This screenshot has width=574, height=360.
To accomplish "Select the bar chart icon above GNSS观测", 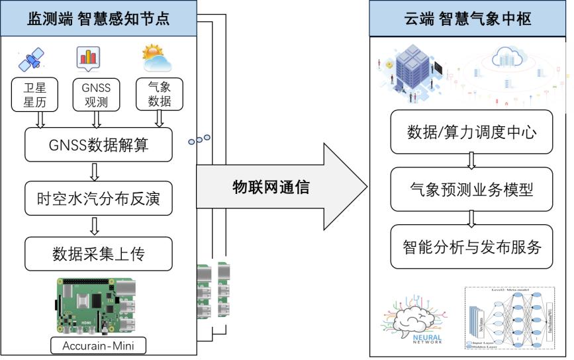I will (x=89, y=59).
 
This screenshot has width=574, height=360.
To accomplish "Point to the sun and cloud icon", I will (x=157, y=59).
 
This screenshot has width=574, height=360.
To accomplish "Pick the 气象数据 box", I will (x=157, y=94).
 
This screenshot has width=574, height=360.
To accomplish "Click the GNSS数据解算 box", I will (x=98, y=144).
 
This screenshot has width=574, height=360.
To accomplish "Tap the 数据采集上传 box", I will (x=97, y=253).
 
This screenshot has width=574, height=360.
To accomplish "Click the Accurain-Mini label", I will (x=97, y=345).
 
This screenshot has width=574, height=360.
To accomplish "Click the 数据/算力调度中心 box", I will (x=471, y=132).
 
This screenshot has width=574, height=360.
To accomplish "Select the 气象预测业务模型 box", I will (x=471, y=190).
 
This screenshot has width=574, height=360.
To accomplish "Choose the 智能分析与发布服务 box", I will (x=471, y=247).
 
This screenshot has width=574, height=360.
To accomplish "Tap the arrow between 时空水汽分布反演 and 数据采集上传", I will (x=95, y=226).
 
